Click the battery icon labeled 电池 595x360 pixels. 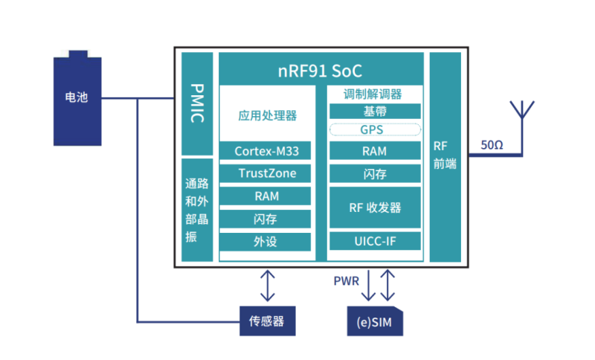click(x=77, y=97)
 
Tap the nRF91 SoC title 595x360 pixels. click(x=321, y=71)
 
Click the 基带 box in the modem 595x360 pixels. click(x=375, y=112)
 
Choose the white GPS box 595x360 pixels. click(x=375, y=129)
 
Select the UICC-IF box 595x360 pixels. click(x=375, y=241)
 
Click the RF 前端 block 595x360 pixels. click(x=446, y=156)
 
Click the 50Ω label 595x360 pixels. click(x=492, y=144)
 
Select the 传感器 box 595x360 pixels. click(x=267, y=322)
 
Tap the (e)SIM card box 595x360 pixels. click(x=375, y=322)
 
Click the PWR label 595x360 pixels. click(x=346, y=282)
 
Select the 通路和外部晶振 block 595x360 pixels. click(x=196, y=210)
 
